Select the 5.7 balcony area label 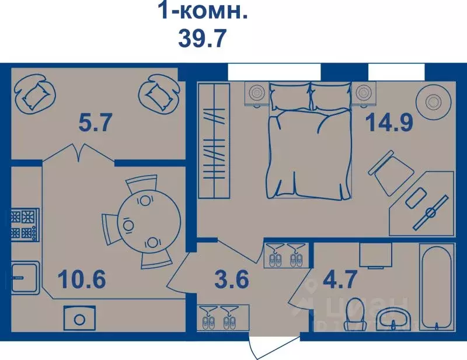pos(95,124)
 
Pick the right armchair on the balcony pos(158,92)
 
